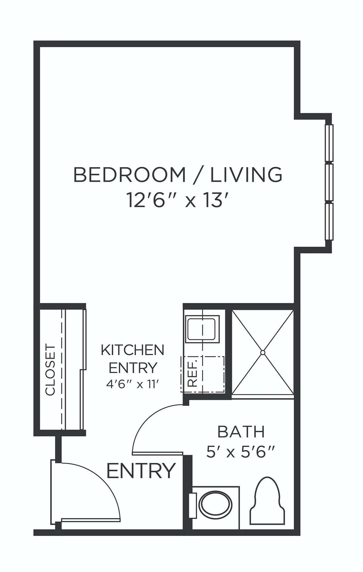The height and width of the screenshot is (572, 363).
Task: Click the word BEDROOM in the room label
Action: (x=130, y=175)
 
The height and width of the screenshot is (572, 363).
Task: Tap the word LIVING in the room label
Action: (x=246, y=175)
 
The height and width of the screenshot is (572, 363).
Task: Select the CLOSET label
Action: (x=50, y=370)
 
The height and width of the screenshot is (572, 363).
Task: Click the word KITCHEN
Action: (x=133, y=350)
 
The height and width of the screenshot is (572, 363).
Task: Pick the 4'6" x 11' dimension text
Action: (x=131, y=385)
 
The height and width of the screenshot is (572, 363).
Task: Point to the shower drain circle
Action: (x=263, y=352)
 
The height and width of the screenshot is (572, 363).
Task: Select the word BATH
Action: (x=241, y=432)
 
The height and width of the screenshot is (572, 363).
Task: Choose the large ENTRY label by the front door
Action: (x=141, y=471)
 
